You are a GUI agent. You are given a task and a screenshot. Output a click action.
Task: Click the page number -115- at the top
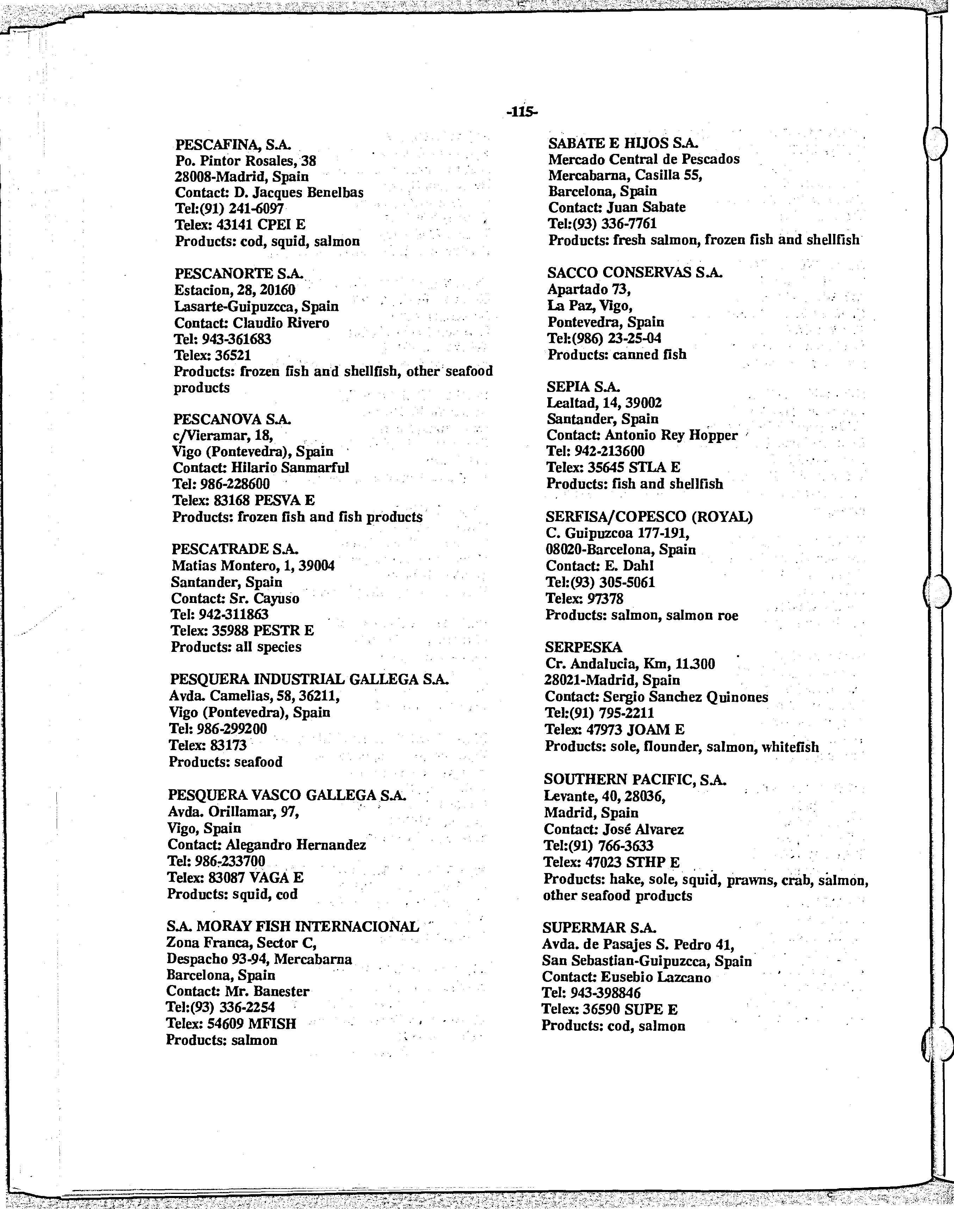(x=522, y=112)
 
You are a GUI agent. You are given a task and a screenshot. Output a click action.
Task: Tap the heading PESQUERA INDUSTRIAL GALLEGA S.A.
(x=309, y=679)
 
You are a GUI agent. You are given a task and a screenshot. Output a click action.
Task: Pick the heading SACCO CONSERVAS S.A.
(x=634, y=273)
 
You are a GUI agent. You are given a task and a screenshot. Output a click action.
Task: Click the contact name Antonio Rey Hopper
(x=671, y=435)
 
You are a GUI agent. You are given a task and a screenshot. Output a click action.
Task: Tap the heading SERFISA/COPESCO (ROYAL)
(x=649, y=517)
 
